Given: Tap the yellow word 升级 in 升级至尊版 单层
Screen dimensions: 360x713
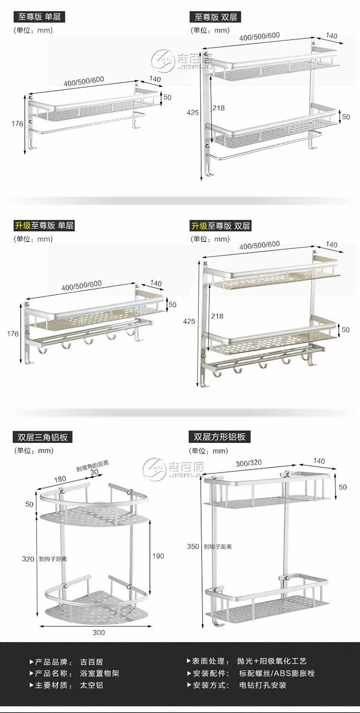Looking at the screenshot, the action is (x=23, y=225).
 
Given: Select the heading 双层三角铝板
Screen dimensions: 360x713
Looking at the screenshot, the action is (x=43, y=436).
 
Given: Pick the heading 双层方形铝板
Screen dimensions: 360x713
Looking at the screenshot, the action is (x=219, y=436).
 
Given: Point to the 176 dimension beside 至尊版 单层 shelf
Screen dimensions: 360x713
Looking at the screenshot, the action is (x=17, y=123).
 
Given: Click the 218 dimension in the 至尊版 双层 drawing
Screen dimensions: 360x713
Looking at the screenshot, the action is (x=218, y=108).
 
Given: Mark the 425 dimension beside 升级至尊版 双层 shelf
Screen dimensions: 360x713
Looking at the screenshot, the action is (x=189, y=321).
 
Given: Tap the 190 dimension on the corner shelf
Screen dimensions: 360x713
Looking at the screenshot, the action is (x=158, y=556).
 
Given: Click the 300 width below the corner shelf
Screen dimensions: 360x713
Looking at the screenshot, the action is (x=98, y=632).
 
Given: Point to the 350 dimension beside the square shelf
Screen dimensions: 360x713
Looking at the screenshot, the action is (x=193, y=546).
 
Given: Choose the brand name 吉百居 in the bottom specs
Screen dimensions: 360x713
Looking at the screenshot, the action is (x=91, y=662).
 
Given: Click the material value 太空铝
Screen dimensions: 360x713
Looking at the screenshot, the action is (x=91, y=685).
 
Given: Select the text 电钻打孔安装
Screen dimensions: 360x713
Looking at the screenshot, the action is (x=263, y=685).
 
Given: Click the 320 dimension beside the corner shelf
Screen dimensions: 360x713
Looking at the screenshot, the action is (x=28, y=559).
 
